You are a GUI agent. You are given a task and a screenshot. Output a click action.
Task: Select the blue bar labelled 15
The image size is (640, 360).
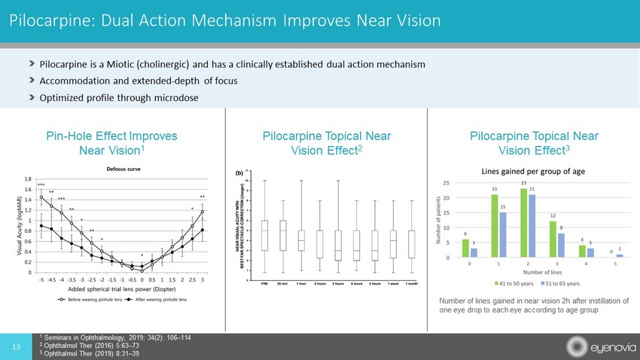[x=502, y=235]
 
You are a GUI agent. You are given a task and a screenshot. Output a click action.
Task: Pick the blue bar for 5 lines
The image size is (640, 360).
[x=620, y=256]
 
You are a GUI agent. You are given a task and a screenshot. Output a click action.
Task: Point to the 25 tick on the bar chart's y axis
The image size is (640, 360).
[x=446, y=183]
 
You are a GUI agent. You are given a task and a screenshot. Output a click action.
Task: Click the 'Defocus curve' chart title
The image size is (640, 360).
[x=120, y=170]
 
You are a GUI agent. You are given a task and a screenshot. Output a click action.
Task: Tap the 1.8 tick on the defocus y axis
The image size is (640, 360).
[x=28, y=180]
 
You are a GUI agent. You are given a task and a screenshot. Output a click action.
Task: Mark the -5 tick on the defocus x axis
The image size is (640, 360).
[x=41, y=278]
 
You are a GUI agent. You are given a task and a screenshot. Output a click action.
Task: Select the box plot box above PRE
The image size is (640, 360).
[x=265, y=235]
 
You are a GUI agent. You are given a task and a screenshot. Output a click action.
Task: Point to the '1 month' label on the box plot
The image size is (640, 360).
[x=412, y=284]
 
